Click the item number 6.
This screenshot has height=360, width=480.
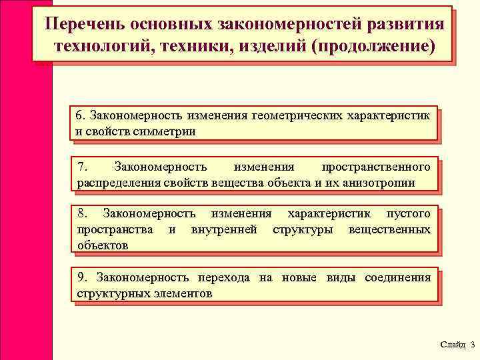pos(80,115)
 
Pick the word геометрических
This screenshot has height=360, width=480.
pos(296,115)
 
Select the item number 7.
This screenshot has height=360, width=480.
pos(81,166)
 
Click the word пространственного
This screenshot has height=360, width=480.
pos(376,166)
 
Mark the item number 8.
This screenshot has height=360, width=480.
pos(81,214)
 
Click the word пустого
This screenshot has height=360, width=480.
pos(409,214)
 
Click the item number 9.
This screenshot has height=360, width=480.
pos(81,277)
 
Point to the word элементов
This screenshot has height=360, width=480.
pos(180,293)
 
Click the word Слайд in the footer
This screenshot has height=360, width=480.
pos(452,344)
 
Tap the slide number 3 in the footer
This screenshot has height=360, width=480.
pos(472,344)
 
